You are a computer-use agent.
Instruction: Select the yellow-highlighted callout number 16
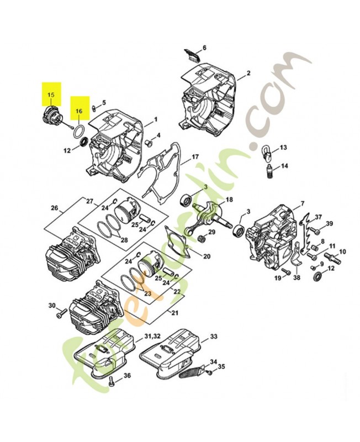click(79, 110)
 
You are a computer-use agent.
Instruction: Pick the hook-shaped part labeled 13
click(266, 150)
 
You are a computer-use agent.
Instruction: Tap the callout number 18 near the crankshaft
click(229, 199)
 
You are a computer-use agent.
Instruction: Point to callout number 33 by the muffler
click(214, 336)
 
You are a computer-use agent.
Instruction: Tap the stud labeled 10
click(335, 256)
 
